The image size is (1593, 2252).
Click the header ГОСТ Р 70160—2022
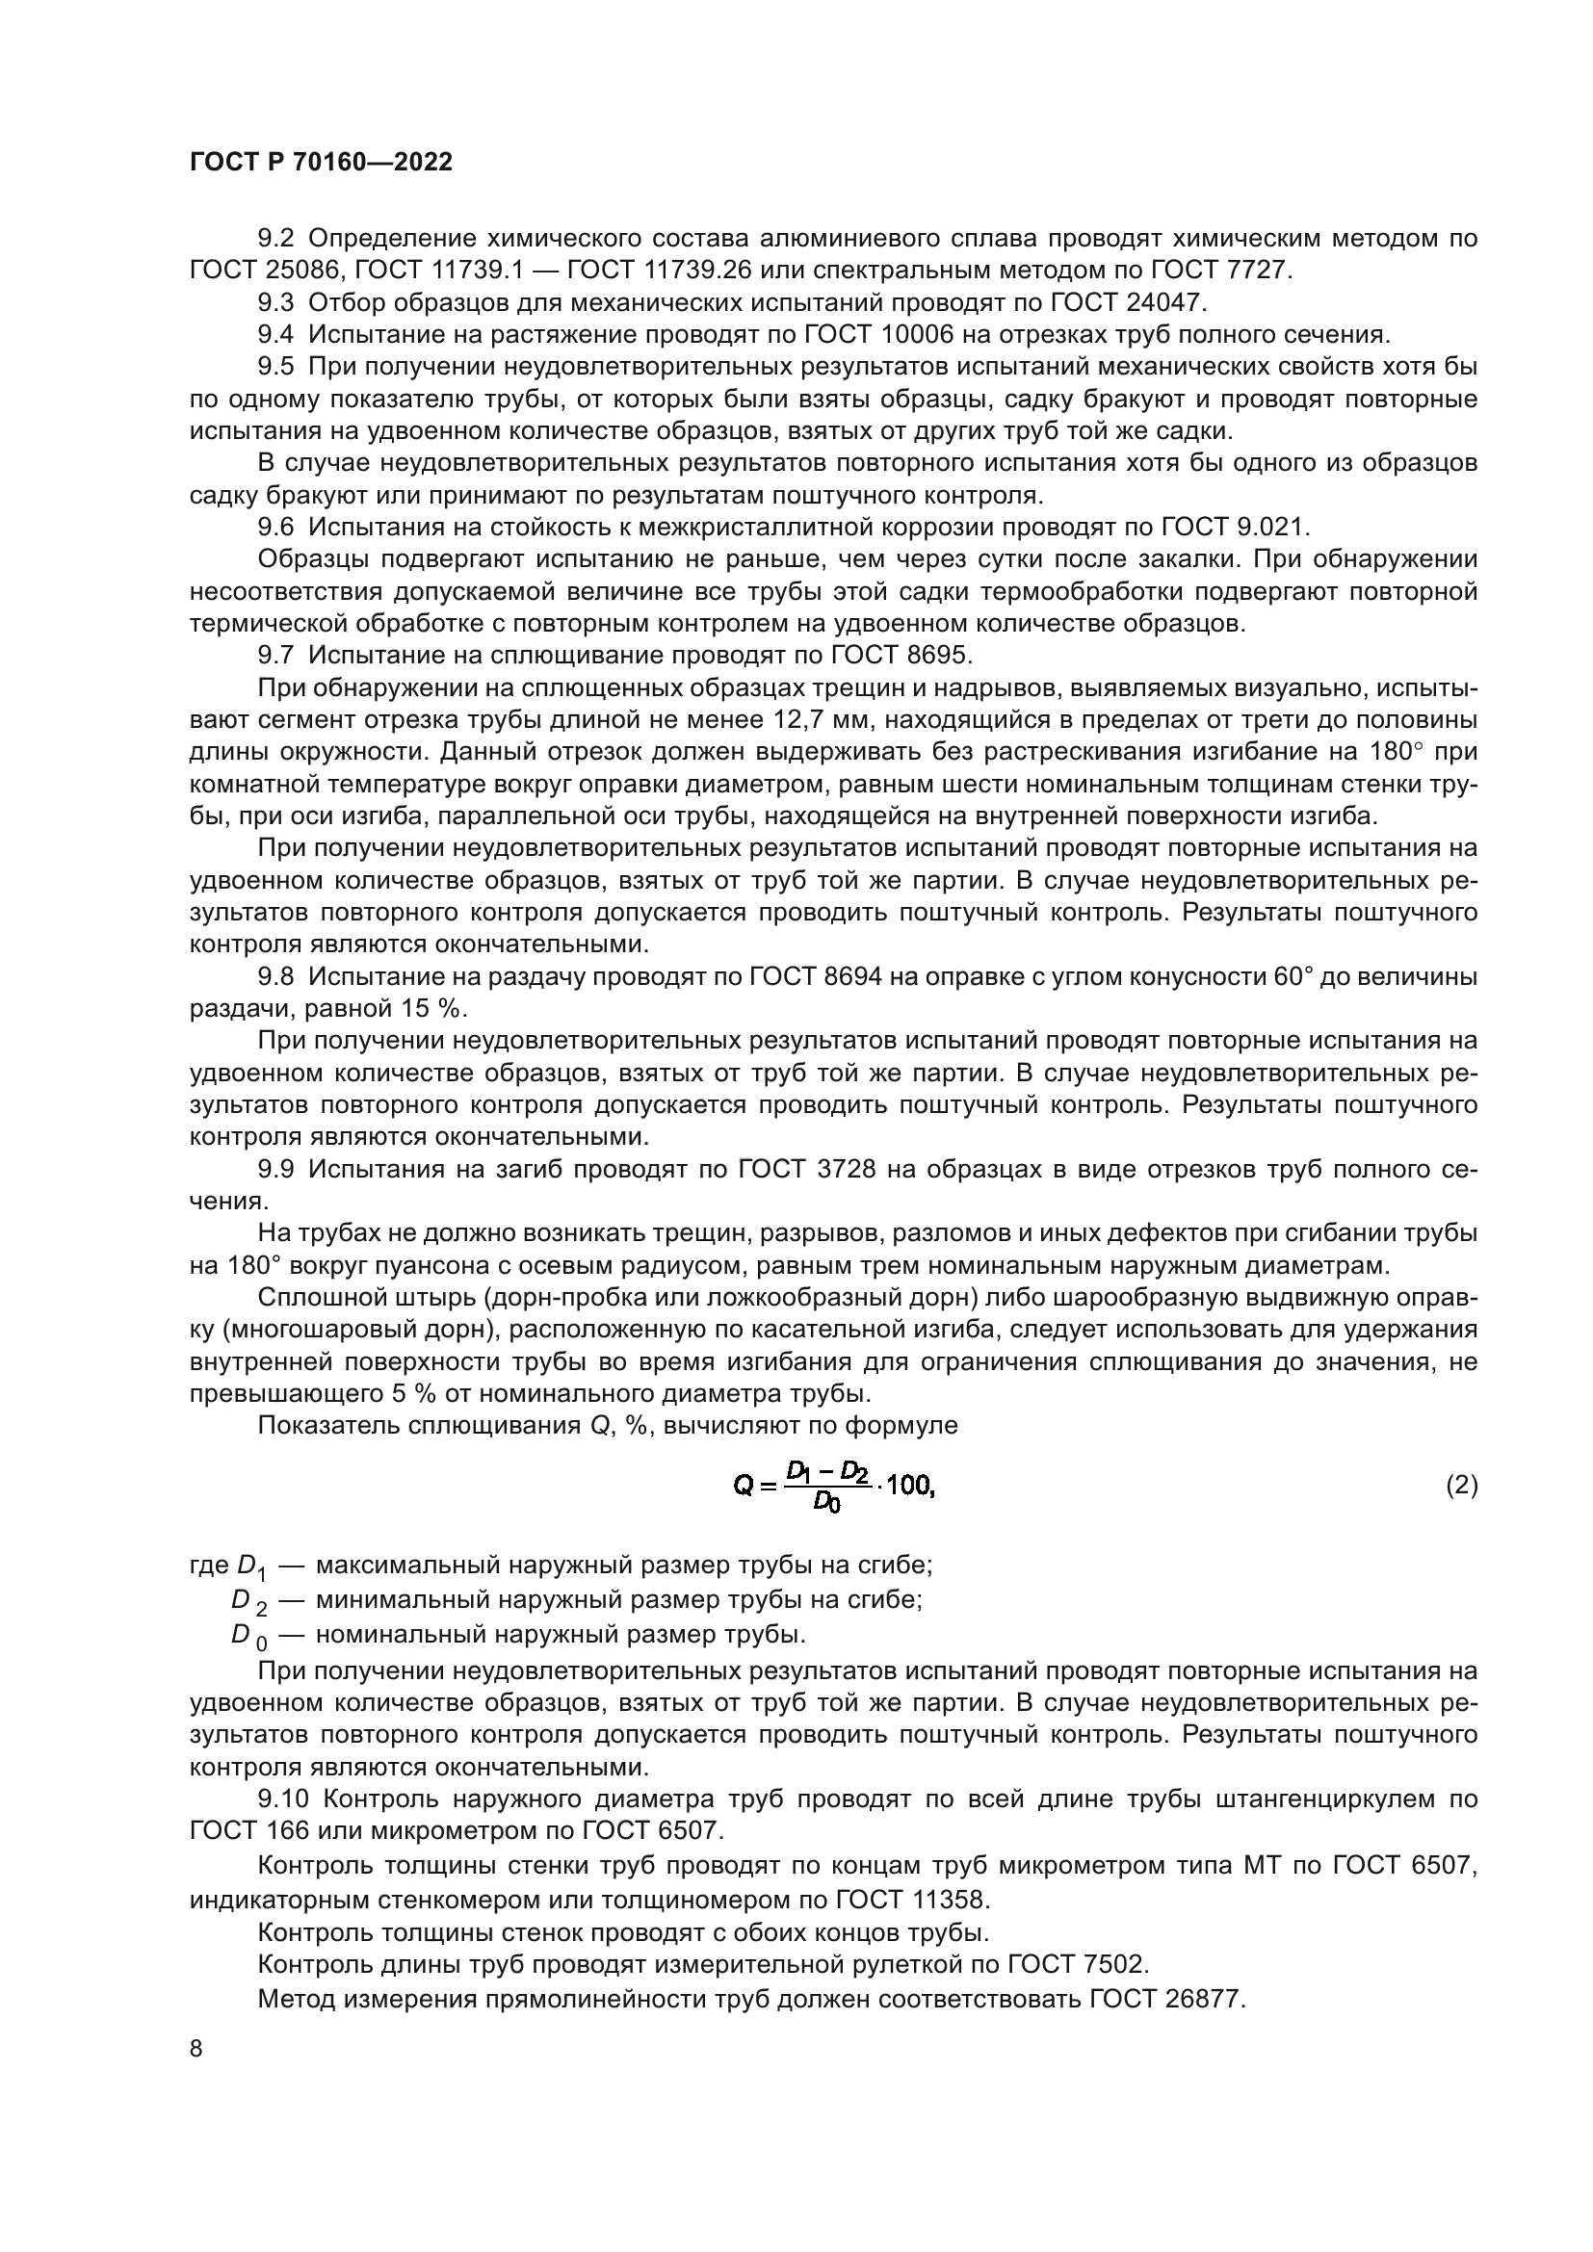click(321, 163)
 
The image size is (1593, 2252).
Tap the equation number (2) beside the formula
click(1462, 1485)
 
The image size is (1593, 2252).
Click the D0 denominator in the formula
click(827, 1503)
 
